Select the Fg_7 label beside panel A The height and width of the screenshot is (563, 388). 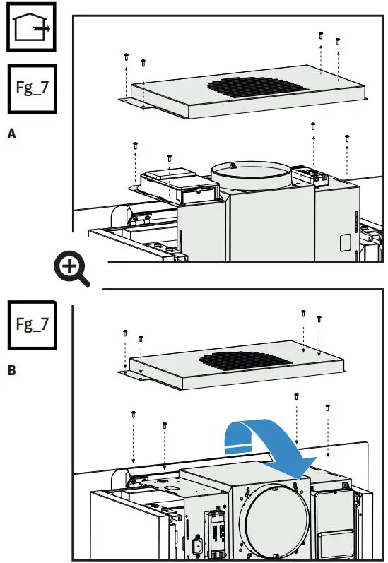pos(31,90)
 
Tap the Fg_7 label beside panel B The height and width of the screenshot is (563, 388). pos(31,325)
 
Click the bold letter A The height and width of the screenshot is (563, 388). pos(11,132)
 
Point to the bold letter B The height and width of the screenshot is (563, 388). pos(11,368)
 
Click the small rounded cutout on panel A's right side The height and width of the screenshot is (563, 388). pos(346,242)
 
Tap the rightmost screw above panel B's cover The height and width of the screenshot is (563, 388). pos(319,319)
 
